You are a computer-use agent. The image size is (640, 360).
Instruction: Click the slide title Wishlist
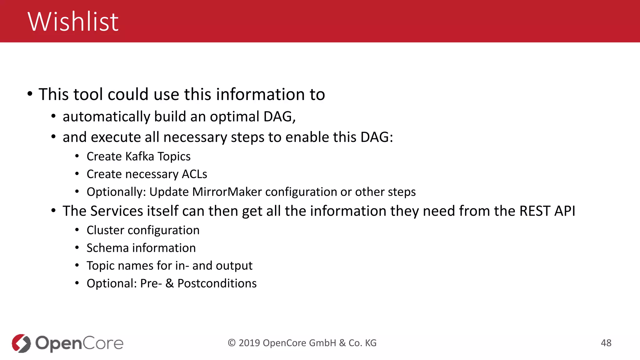[x=73, y=22]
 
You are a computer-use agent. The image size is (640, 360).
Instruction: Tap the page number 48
[x=606, y=343]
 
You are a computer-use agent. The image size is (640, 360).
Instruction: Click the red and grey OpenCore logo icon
[x=21, y=343]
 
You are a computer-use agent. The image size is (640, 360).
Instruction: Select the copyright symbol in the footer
[x=232, y=343]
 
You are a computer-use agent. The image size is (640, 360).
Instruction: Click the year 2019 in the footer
[x=249, y=343]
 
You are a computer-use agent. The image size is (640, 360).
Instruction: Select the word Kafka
[x=140, y=156]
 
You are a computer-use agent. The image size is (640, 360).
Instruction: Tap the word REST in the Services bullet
[x=534, y=211]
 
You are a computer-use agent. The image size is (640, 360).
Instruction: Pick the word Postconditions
[x=217, y=283]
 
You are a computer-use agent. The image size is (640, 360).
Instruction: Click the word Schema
[x=107, y=248]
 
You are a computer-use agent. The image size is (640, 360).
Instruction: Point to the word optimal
[x=234, y=117]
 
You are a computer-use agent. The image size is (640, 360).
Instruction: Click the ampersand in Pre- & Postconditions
[x=169, y=283]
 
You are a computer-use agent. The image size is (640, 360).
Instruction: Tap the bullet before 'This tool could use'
[x=30, y=94]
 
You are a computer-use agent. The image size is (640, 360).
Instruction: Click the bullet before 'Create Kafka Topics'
[x=77, y=156]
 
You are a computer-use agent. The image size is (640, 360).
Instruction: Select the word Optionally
[x=116, y=192]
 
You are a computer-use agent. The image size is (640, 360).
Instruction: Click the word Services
[x=117, y=211]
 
